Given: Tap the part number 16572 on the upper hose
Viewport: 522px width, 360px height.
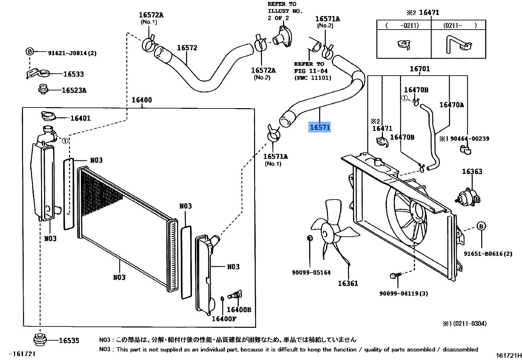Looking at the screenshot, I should coord(187,48).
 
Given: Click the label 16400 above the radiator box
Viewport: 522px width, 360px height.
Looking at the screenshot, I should coord(142,100).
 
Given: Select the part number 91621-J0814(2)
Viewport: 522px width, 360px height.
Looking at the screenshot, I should coord(72,53).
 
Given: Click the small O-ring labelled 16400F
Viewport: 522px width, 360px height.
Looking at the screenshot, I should coord(222,299).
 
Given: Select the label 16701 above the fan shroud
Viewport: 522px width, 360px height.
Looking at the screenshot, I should coord(419,69).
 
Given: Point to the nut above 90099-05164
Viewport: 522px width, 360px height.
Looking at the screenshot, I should coord(309,238).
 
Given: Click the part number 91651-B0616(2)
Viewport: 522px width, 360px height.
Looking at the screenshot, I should coord(488,254).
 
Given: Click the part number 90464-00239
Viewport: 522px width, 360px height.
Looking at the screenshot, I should coord(469,138).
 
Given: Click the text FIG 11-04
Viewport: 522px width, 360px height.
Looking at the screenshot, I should coord(311,71).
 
